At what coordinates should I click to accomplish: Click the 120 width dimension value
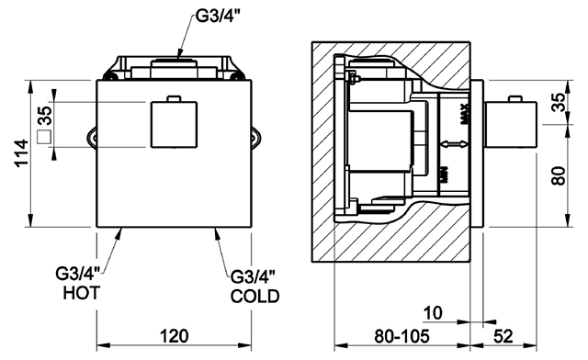click(175, 336)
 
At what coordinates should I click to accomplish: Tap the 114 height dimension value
click(21, 153)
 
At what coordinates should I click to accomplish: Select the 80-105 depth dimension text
click(401, 336)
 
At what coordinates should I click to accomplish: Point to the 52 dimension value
click(503, 336)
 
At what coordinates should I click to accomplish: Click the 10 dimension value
click(433, 313)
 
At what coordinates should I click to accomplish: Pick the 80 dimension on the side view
click(559, 175)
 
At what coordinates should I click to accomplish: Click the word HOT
click(82, 293)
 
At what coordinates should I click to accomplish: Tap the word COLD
click(255, 297)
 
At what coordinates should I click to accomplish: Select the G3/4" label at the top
click(218, 17)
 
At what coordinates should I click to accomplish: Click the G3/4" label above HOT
click(77, 274)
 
